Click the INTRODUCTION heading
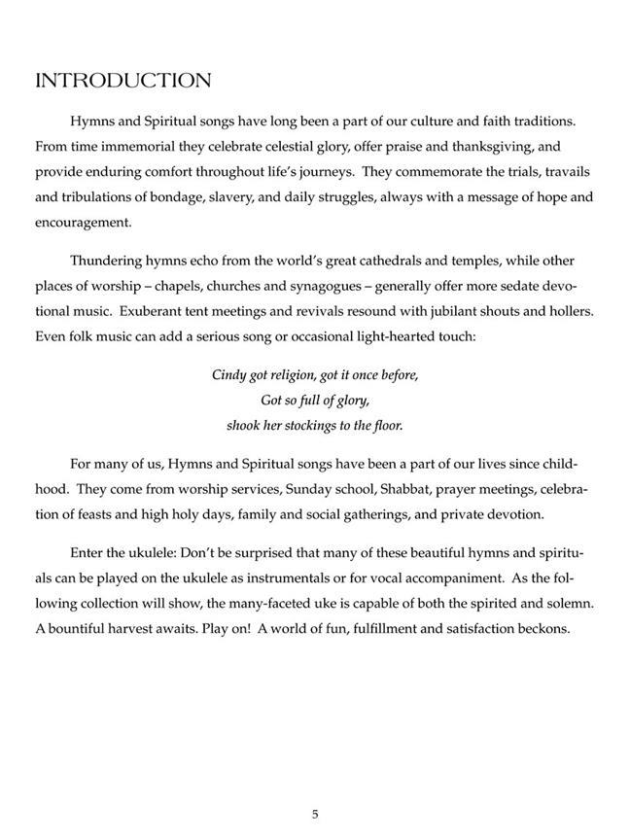pyautogui.click(x=122, y=81)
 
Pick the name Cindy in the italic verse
pyautogui.click(x=229, y=375)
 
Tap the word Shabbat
pyautogui.click(x=363, y=490)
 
